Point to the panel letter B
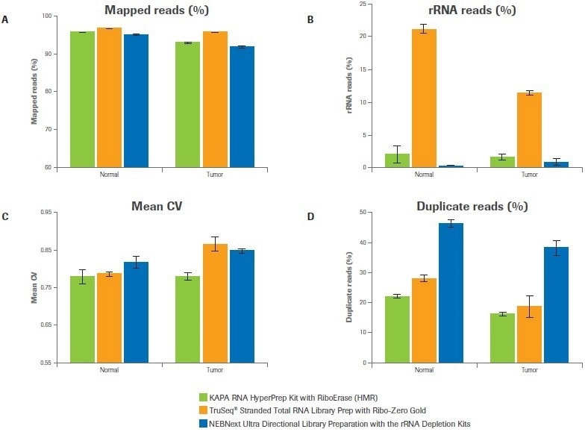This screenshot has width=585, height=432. click(310, 20)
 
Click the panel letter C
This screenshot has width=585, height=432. click(5, 217)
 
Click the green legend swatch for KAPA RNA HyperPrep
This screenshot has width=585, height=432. click(204, 397)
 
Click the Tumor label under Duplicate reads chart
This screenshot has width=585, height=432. click(529, 370)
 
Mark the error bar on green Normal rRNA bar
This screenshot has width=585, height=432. click(398, 154)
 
